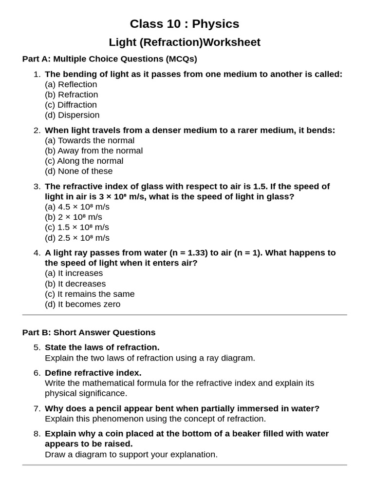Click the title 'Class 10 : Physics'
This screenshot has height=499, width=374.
[184, 24]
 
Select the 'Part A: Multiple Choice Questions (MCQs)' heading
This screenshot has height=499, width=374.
[110, 59]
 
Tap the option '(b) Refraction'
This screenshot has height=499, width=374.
[71, 95]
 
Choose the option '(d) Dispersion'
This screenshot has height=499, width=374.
[72, 115]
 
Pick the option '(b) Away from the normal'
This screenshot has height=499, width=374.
[93, 151]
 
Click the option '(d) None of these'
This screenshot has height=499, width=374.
[78, 171]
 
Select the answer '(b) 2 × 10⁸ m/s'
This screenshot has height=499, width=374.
[73, 217]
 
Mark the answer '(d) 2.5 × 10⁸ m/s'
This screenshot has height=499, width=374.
[77, 238]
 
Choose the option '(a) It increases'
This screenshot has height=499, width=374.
[74, 273]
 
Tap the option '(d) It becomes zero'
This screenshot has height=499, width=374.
[82, 304]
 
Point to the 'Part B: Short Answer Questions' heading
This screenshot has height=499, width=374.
[89, 332]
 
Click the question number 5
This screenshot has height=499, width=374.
[37, 347]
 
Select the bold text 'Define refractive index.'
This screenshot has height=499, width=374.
[93, 373]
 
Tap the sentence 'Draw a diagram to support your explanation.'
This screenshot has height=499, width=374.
[131, 454]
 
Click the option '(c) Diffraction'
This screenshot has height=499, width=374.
[71, 105]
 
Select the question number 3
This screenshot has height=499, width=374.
[37, 187]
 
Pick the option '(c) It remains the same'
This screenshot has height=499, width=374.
[90, 294]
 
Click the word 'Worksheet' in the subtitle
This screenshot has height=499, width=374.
[232, 42]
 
